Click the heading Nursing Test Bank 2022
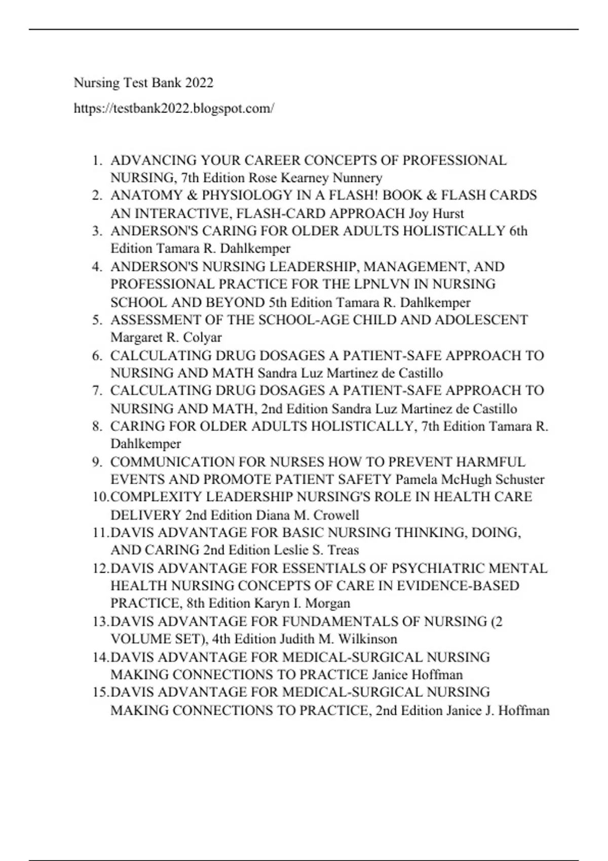tap(143, 83)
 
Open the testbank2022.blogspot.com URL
tap(174, 108)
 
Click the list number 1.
tap(97, 161)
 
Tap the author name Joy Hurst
tap(436, 213)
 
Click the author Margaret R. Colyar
tap(166, 337)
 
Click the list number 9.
tap(97, 462)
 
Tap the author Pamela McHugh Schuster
tap(470, 479)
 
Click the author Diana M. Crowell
tap(307, 515)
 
